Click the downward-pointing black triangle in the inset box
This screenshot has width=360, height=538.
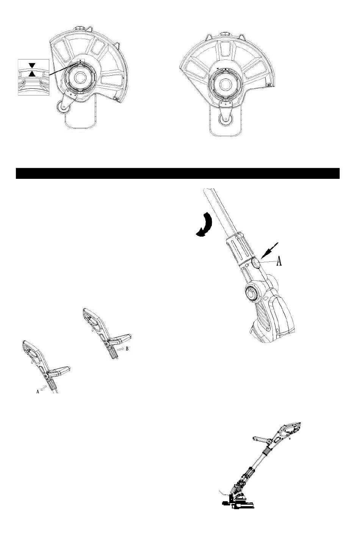coord(32,65)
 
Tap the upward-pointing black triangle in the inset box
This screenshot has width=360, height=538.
coord(32,74)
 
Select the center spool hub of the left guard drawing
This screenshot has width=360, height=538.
coord(79,77)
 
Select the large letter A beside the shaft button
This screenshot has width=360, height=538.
coord(279,261)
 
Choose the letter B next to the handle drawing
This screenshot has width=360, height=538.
coord(127,349)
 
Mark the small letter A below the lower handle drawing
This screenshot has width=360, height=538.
coord(38,391)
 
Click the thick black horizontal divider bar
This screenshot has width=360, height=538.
coord(178,174)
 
